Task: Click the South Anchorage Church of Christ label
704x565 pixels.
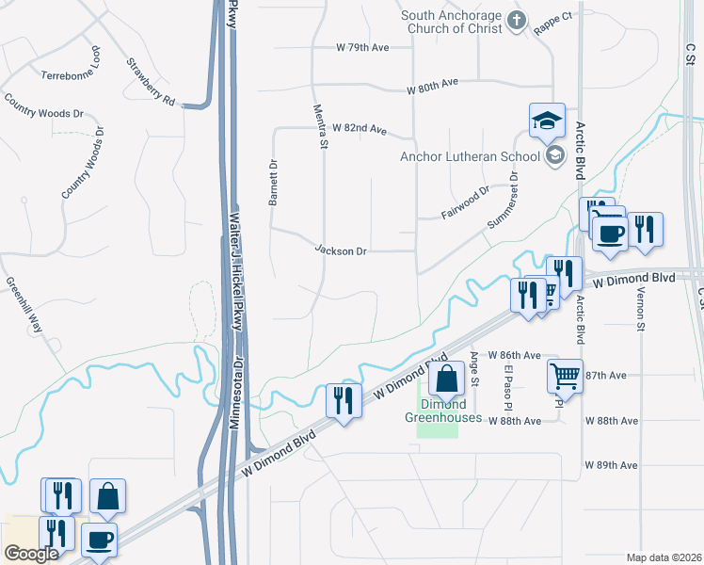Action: (452, 22)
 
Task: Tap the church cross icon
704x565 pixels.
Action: (516, 19)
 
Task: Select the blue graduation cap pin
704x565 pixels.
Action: (546, 121)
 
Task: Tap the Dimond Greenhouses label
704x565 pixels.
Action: (443, 412)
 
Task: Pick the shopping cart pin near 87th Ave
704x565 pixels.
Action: (565, 376)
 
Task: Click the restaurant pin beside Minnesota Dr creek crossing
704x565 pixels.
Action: (344, 400)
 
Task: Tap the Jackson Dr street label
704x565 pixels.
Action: (341, 251)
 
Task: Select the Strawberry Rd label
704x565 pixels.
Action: (151, 82)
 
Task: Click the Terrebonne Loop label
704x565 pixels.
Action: (71, 72)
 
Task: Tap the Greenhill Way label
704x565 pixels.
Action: (24, 305)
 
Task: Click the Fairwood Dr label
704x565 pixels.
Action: (466, 202)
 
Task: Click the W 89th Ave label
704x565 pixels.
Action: (611, 465)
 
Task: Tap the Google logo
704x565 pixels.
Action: (30, 554)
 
